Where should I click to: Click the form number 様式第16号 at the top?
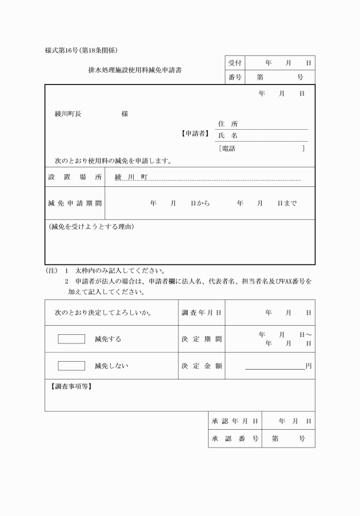[65, 50]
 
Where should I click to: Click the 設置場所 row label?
[75, 177]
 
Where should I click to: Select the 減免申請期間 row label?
[75, 203]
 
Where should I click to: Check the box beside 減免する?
[71, 339]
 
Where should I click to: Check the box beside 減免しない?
[71, 366]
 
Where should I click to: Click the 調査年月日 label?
[202, 313]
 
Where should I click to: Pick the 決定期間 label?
[202, 339]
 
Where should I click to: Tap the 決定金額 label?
[202, 366]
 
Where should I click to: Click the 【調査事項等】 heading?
[71, 386]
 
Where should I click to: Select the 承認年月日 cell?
[235, 421]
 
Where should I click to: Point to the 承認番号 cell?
[235, 439]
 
